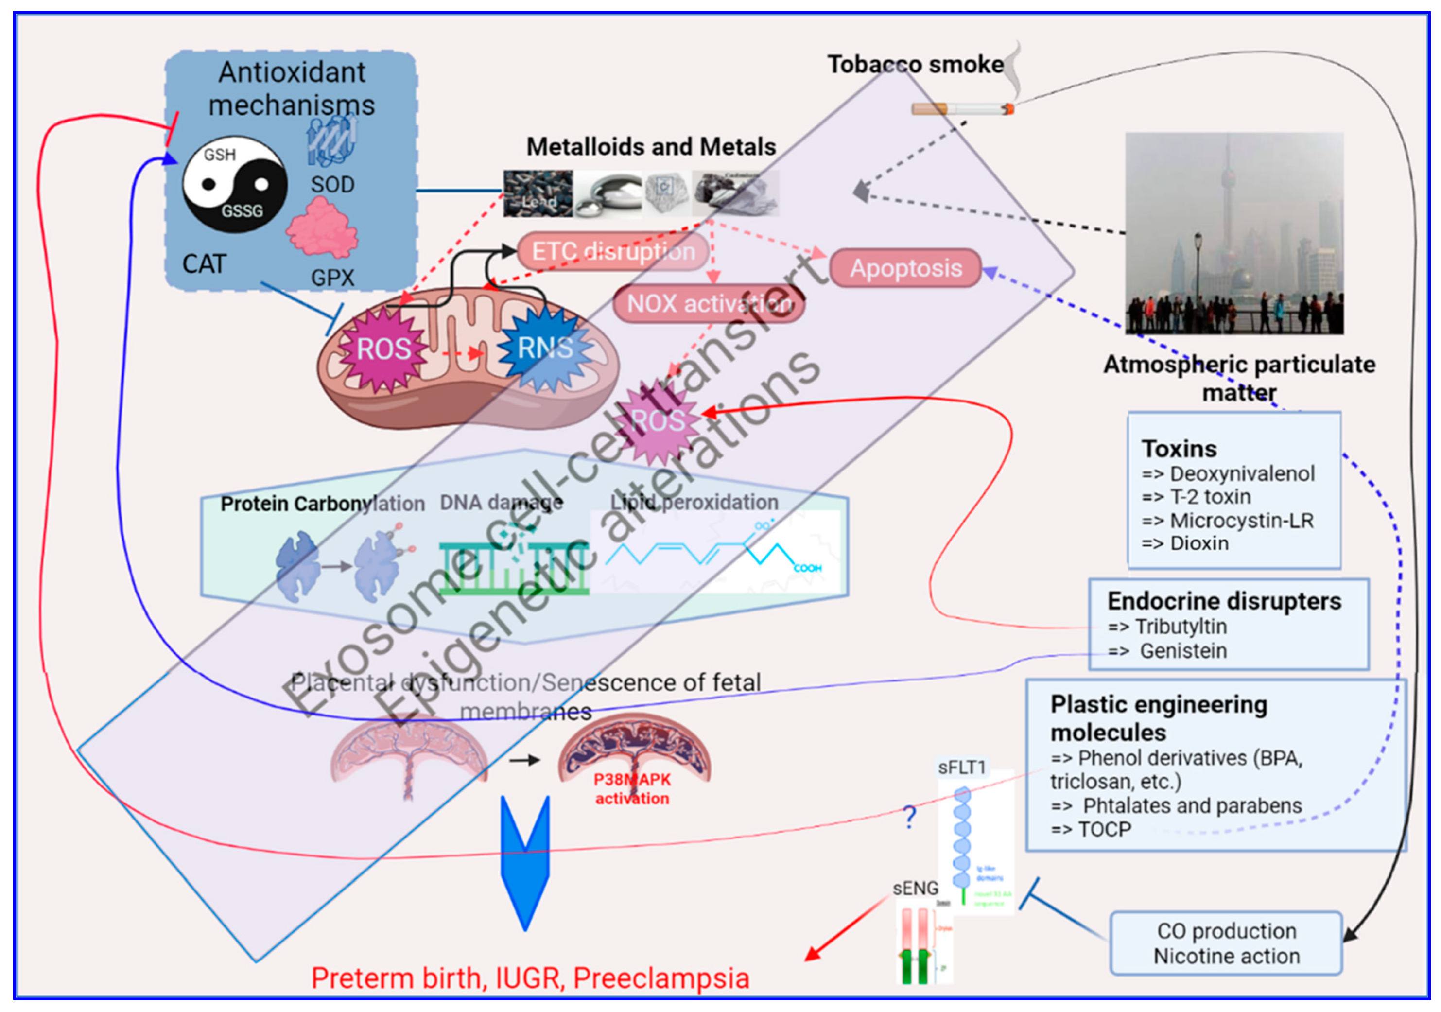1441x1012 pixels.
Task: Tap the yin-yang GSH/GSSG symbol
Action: [235, 184]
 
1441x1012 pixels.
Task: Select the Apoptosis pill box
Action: [905, 268]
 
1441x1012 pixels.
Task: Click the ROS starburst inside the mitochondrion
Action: [383, 349]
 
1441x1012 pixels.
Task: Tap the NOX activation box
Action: [708, 304]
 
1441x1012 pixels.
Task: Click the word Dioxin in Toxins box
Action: [1199, 543]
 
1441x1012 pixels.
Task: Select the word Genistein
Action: [1182, 651]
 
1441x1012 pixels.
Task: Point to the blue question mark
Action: [909, 817]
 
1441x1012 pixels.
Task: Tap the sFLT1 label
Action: [961, 767]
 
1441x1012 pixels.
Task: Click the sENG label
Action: [915, 888]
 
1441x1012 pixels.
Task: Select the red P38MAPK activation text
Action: [632, 789]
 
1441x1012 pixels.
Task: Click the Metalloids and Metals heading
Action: [651, 147]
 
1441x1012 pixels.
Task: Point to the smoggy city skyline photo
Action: [1234, 232]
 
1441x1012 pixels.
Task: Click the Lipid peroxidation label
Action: [694, 502]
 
